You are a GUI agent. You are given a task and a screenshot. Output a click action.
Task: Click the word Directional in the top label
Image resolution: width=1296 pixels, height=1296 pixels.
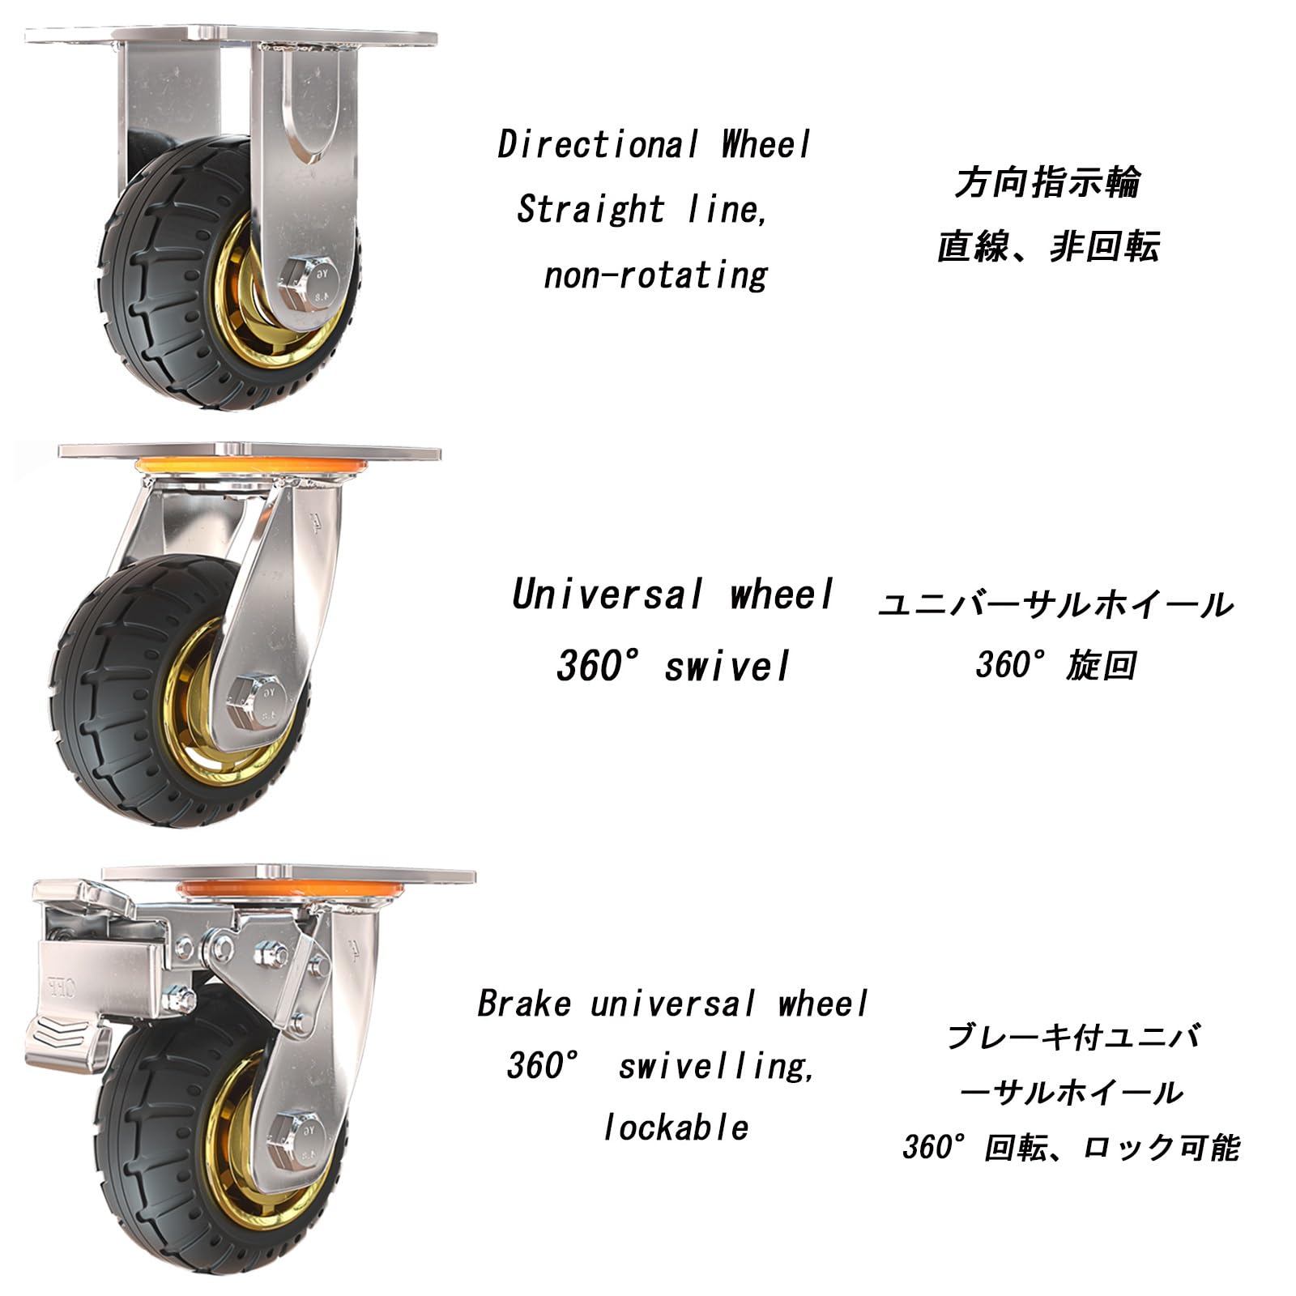598,145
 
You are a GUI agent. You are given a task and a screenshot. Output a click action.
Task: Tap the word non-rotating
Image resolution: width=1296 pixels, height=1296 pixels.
655,275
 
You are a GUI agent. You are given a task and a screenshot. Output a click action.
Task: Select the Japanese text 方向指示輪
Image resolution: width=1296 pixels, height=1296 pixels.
1047,182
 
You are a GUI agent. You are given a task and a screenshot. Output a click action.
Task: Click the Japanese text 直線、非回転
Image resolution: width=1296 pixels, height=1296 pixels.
1048,246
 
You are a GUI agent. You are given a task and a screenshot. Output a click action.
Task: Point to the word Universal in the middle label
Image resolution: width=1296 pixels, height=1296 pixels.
607,595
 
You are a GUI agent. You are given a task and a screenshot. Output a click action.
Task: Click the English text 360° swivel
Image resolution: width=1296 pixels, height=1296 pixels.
672,667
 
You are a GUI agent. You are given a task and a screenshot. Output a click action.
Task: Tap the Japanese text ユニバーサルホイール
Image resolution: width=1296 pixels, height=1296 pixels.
1055,605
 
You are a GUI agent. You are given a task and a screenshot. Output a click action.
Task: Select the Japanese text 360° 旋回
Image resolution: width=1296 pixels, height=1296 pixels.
1055,666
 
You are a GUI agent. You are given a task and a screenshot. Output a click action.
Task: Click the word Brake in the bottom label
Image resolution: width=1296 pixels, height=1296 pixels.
524,1004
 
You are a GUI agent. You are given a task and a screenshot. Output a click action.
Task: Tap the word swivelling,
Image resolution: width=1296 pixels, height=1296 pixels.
716,1066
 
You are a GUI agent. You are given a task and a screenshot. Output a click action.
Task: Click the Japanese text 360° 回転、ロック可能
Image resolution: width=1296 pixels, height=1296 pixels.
1071,1148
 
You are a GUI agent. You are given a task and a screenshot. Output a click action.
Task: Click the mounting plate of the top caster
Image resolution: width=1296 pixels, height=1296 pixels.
231,37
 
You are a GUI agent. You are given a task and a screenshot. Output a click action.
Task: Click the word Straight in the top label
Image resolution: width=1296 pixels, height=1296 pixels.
590,210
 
